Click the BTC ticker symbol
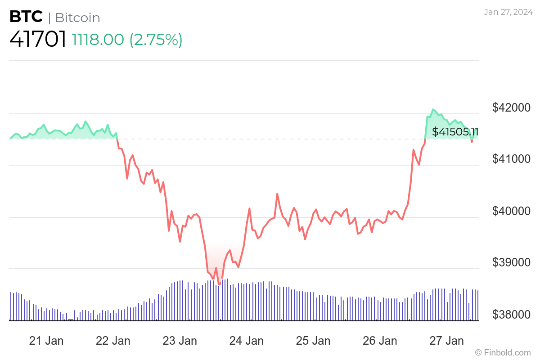coord(26,17)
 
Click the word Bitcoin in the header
coord(77,18)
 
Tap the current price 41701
coord(38,40)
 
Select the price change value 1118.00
coord(98,40)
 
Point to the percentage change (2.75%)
coord(156,40)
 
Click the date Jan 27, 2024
coord(507,12)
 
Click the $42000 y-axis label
coord(512,108)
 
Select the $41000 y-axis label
coord(512,159)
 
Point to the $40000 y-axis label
coord(512,211)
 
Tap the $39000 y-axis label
coord(512,262)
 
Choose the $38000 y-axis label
coord(512,314)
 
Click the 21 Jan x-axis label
coord(46,341)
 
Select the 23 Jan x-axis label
coord(180,341)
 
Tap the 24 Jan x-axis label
coord(246,341)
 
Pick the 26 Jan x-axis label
coord(380,341)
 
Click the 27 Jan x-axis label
coord(446,341)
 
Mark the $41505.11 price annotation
coord(455,132)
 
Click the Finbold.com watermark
coord(503,352)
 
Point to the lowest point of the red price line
coord(219,284)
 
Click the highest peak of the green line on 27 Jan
coord(433,109)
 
